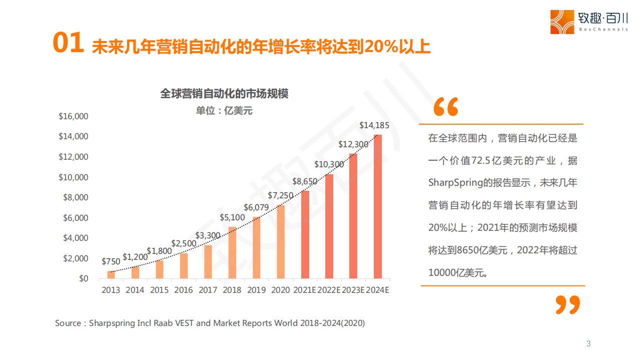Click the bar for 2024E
click(x=378, y=206)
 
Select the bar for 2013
click(x=111, y=274)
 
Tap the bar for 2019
click(x=256, y=247)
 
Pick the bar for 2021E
click(x=305, y=234)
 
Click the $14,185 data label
click(x=374, y=125)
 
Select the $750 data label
click(x=111, y=261)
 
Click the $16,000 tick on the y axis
click(x=74, y=117)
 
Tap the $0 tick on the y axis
click(x=84, y=278)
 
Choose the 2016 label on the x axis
click(x=183, y=290)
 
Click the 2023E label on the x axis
click(x=353, y=290)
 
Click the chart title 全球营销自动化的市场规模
click(x=224, y=94)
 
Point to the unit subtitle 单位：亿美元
click(x=224, y=111)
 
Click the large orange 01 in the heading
click(x=69, y=44)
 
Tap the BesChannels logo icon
click(x=562, y=22)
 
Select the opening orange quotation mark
click(x=445, y=107)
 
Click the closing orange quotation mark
click(x=568, y=305)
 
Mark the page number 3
click(x=588, y=343)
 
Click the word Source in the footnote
click(x=68, y=323)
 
